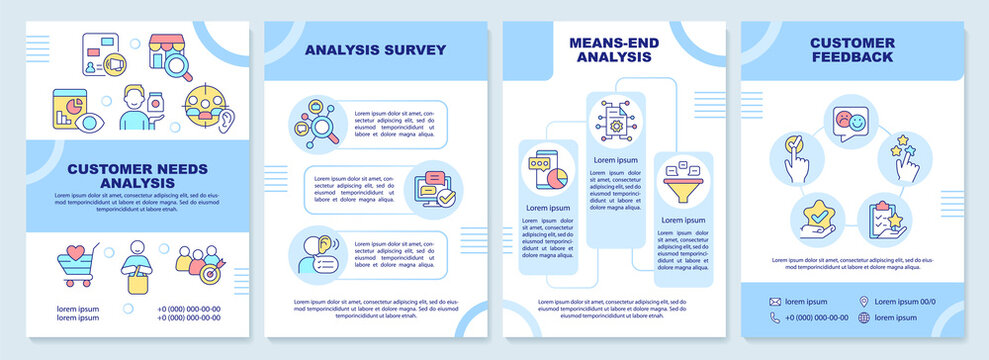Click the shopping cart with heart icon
(x=78, y=266)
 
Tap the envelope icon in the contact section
(x=775, y=301)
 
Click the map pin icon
(x=864, y=301)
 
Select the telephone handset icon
(x=775, y=318)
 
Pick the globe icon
(x=864, y=318)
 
